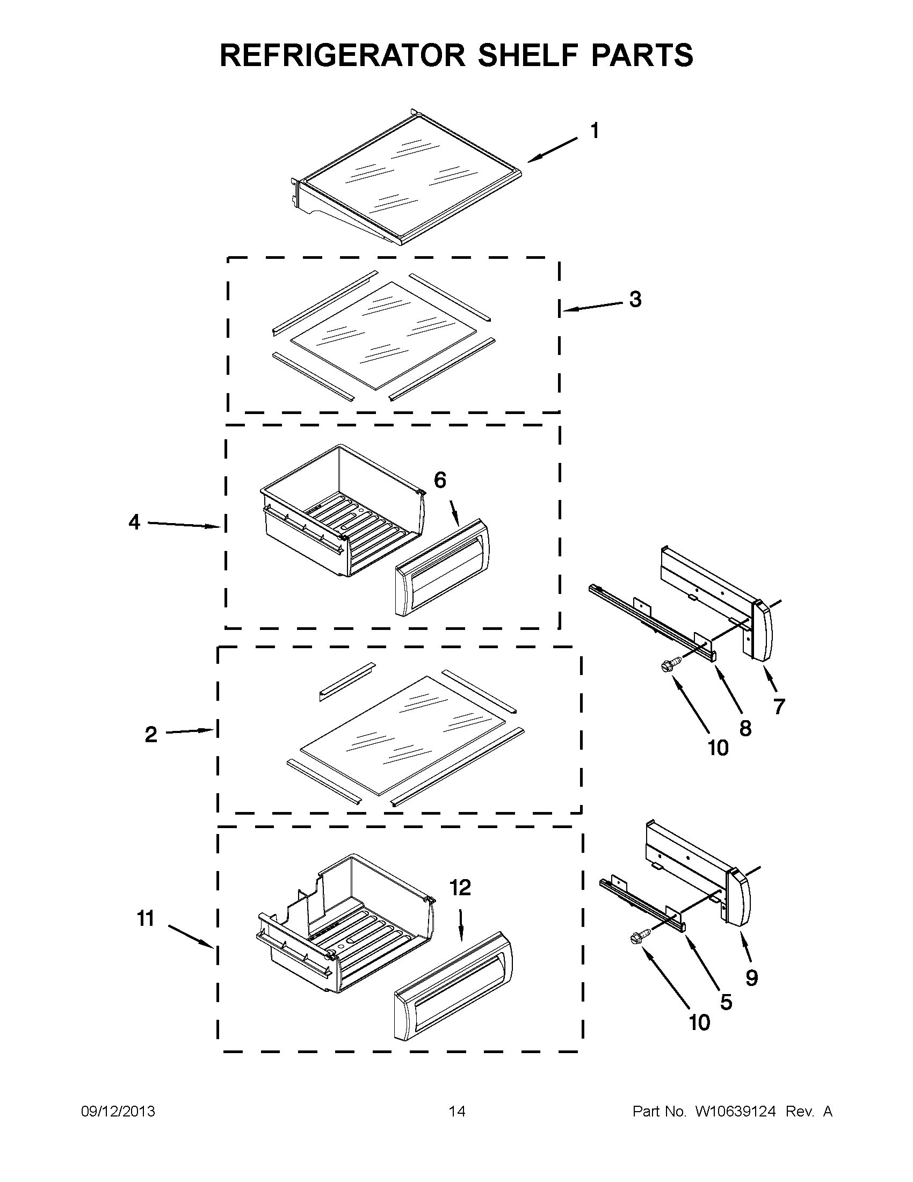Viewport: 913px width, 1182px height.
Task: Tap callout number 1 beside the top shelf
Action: tap(594, 131)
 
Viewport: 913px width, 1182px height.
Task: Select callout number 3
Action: tap(635, 299)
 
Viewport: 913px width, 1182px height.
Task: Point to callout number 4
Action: tap(134, 523)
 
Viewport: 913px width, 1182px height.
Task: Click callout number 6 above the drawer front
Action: tap(440, 480)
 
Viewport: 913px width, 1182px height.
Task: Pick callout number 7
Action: tap(779, 706)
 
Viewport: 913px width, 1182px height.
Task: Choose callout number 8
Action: tap(745, 728)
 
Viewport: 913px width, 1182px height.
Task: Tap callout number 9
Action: tap(751, 977)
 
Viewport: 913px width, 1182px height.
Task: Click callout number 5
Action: tap(726, 1002)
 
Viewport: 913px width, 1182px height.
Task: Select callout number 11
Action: tap(146, 918)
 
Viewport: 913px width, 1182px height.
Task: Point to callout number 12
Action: tap(460, 888)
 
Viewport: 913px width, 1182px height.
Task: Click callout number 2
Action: tap(151, 735)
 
